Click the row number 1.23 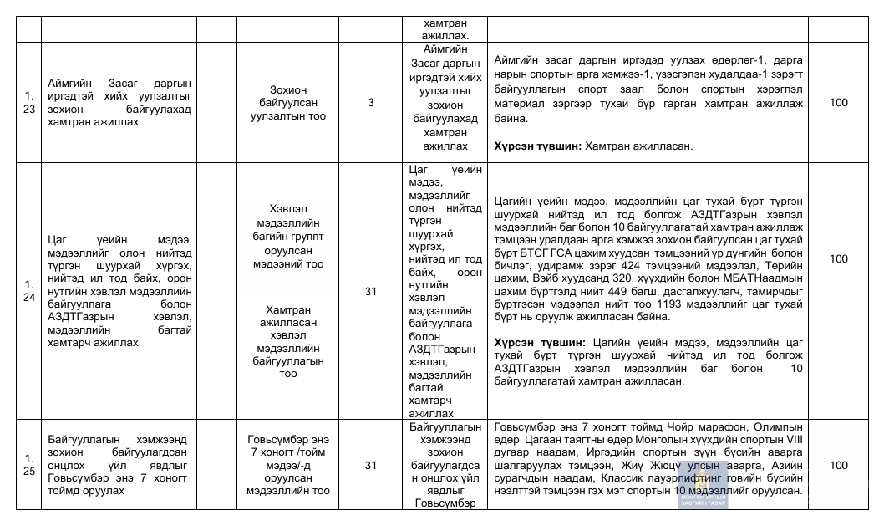[x=29, y=103]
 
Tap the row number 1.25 [x=29, y=465]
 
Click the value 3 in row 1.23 [x=371, y=103]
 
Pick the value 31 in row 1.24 [x=371, y=292]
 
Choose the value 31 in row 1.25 [x=371, y=465]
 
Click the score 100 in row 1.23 [x=838, y=103]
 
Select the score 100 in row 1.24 [x=838, y=258]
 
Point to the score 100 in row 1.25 [x=838, y=465]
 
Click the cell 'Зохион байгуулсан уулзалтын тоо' [x=300, y=103]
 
